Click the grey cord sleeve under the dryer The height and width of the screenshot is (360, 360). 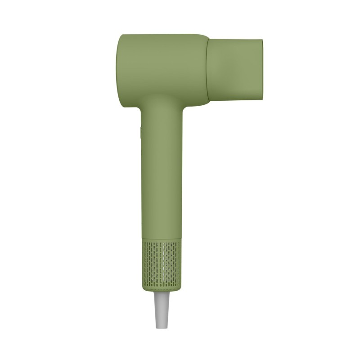pyautogui.click(x=162, y=310)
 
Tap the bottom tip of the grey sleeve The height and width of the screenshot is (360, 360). pyautogui.click(x=162, y=327)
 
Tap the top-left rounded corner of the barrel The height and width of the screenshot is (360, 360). pyautogui.click(x=122, y=37)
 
